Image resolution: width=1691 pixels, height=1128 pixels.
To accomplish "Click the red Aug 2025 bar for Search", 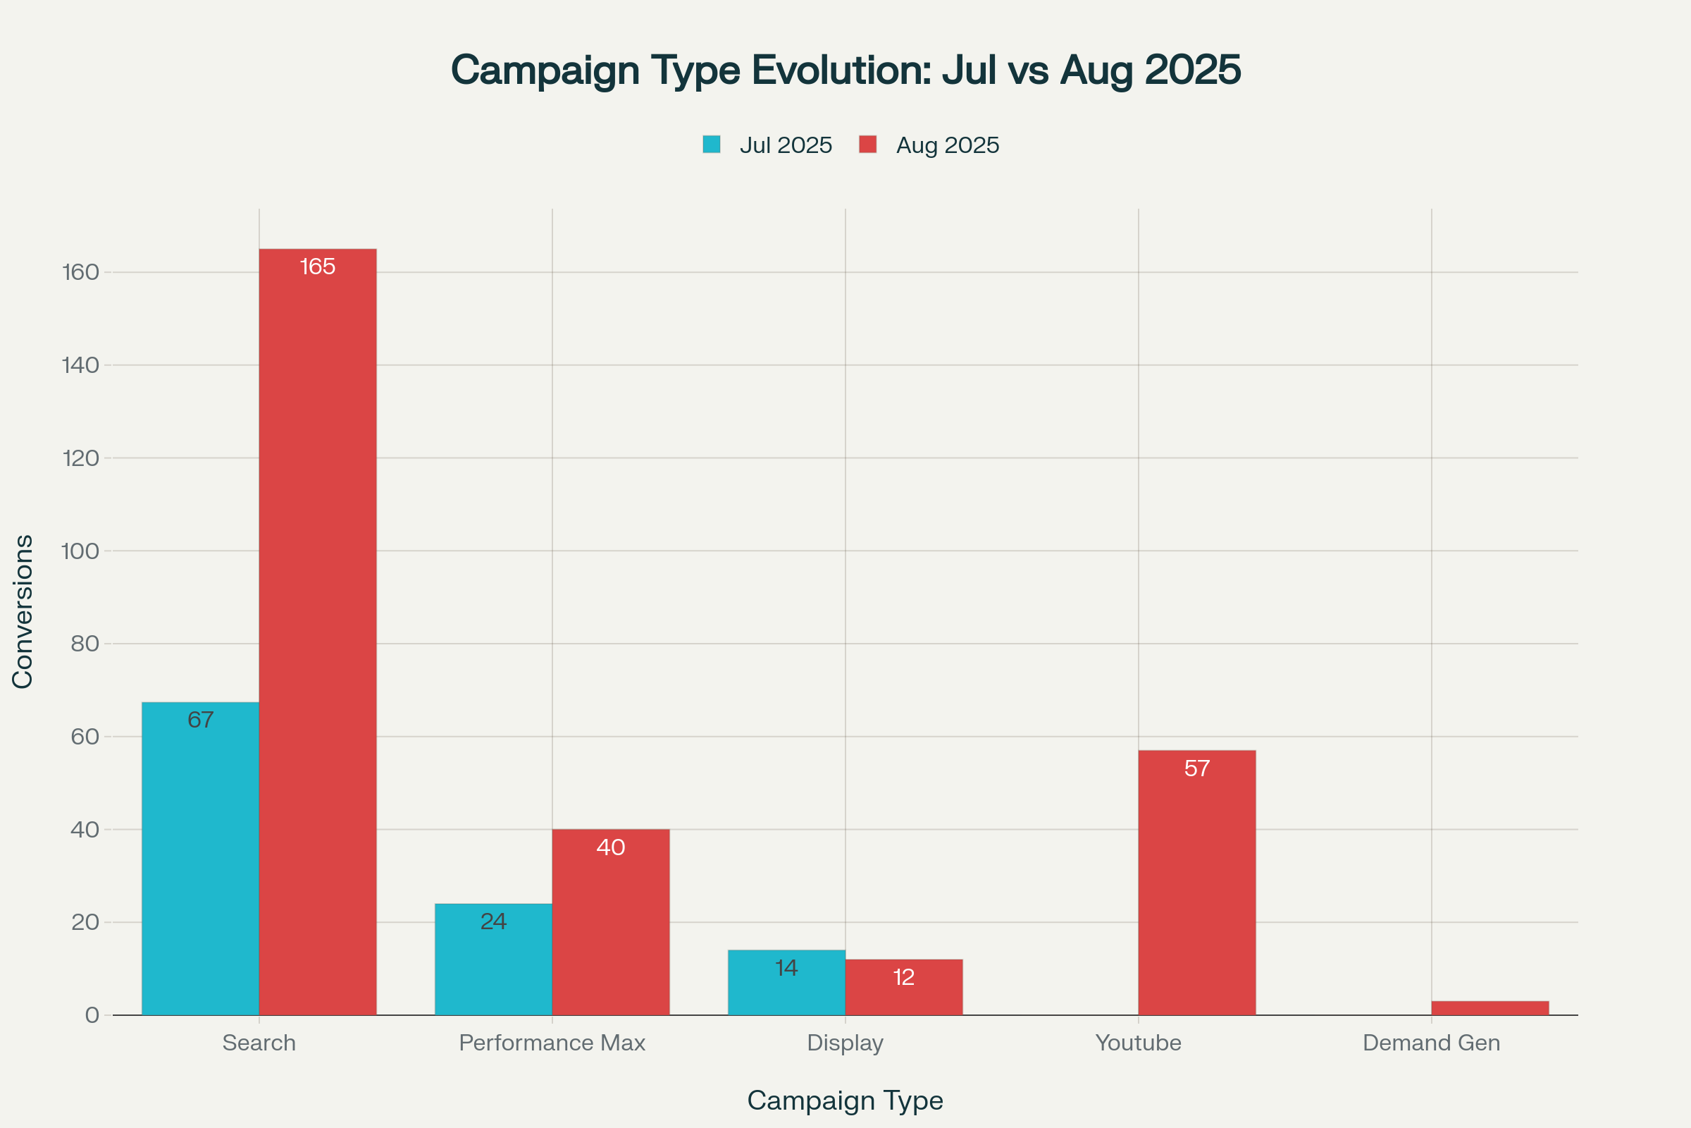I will tap(317, 633).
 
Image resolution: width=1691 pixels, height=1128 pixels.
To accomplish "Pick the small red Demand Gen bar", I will tap(1489, 1008).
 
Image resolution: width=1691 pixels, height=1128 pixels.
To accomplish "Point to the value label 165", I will tap(317, 267).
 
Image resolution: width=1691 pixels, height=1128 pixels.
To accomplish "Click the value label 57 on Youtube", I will tap(1196, 769).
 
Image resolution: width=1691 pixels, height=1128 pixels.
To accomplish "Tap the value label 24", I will tap(493, 921).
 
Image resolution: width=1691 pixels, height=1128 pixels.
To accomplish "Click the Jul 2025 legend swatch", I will tap(711, 145).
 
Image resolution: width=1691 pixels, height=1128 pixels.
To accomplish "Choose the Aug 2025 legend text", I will tap(947, 145).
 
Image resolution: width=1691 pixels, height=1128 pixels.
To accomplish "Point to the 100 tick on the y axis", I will tap(80, 551).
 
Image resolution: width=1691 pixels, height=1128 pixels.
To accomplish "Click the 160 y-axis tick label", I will tap(80, 272).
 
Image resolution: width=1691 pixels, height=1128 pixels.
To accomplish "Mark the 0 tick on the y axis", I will tap(92, 1015).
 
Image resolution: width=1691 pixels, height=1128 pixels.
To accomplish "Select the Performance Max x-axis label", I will tap(552, 1043).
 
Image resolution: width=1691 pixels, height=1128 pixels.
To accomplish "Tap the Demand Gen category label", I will tap(1431, 1043).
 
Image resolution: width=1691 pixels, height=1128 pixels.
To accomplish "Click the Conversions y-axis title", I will tap(23, 611).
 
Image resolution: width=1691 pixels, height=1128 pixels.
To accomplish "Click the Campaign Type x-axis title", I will tap(845, 1101).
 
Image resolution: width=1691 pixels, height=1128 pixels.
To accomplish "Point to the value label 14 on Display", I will tap(786, 968).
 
